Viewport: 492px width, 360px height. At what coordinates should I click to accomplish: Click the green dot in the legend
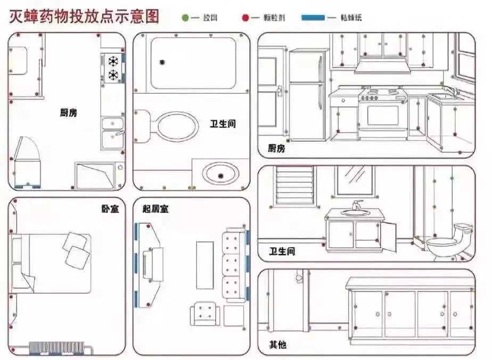coord(185,18)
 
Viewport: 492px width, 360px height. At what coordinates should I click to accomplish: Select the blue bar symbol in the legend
coord(313,18)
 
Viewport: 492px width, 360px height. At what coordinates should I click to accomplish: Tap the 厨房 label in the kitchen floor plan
coord(68,112)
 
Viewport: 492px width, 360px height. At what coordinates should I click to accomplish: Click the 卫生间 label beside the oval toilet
coord(223,124)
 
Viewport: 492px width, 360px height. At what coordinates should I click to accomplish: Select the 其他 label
coord(277,345)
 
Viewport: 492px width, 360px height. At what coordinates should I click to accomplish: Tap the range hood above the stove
coord(381,66)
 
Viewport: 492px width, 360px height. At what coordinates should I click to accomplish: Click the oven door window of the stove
coord(382,115)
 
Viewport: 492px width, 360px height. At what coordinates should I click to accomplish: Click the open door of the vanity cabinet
coord(388,236)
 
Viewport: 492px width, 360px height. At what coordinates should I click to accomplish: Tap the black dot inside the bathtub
coord(161,62)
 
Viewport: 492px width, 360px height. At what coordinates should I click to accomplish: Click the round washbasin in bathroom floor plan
coord(220,173)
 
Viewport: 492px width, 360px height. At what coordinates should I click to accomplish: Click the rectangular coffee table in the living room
coord(204,265)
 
